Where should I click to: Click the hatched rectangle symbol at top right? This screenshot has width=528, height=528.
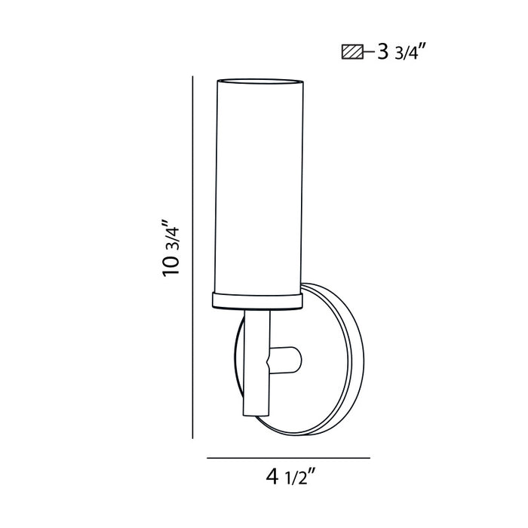click(x=351, y=53)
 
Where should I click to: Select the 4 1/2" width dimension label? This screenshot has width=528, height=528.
click(x=290, y=477)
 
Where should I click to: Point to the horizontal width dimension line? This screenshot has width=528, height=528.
click(x=288, y=458)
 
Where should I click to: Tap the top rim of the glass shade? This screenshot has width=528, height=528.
click(x=257, y=79)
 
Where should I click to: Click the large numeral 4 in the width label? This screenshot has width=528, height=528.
click(x=272, y=477)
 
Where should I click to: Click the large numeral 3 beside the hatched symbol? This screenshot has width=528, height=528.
click(x=382, y=53)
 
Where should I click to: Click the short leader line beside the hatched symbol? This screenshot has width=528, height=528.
click(x=369, y=53)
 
